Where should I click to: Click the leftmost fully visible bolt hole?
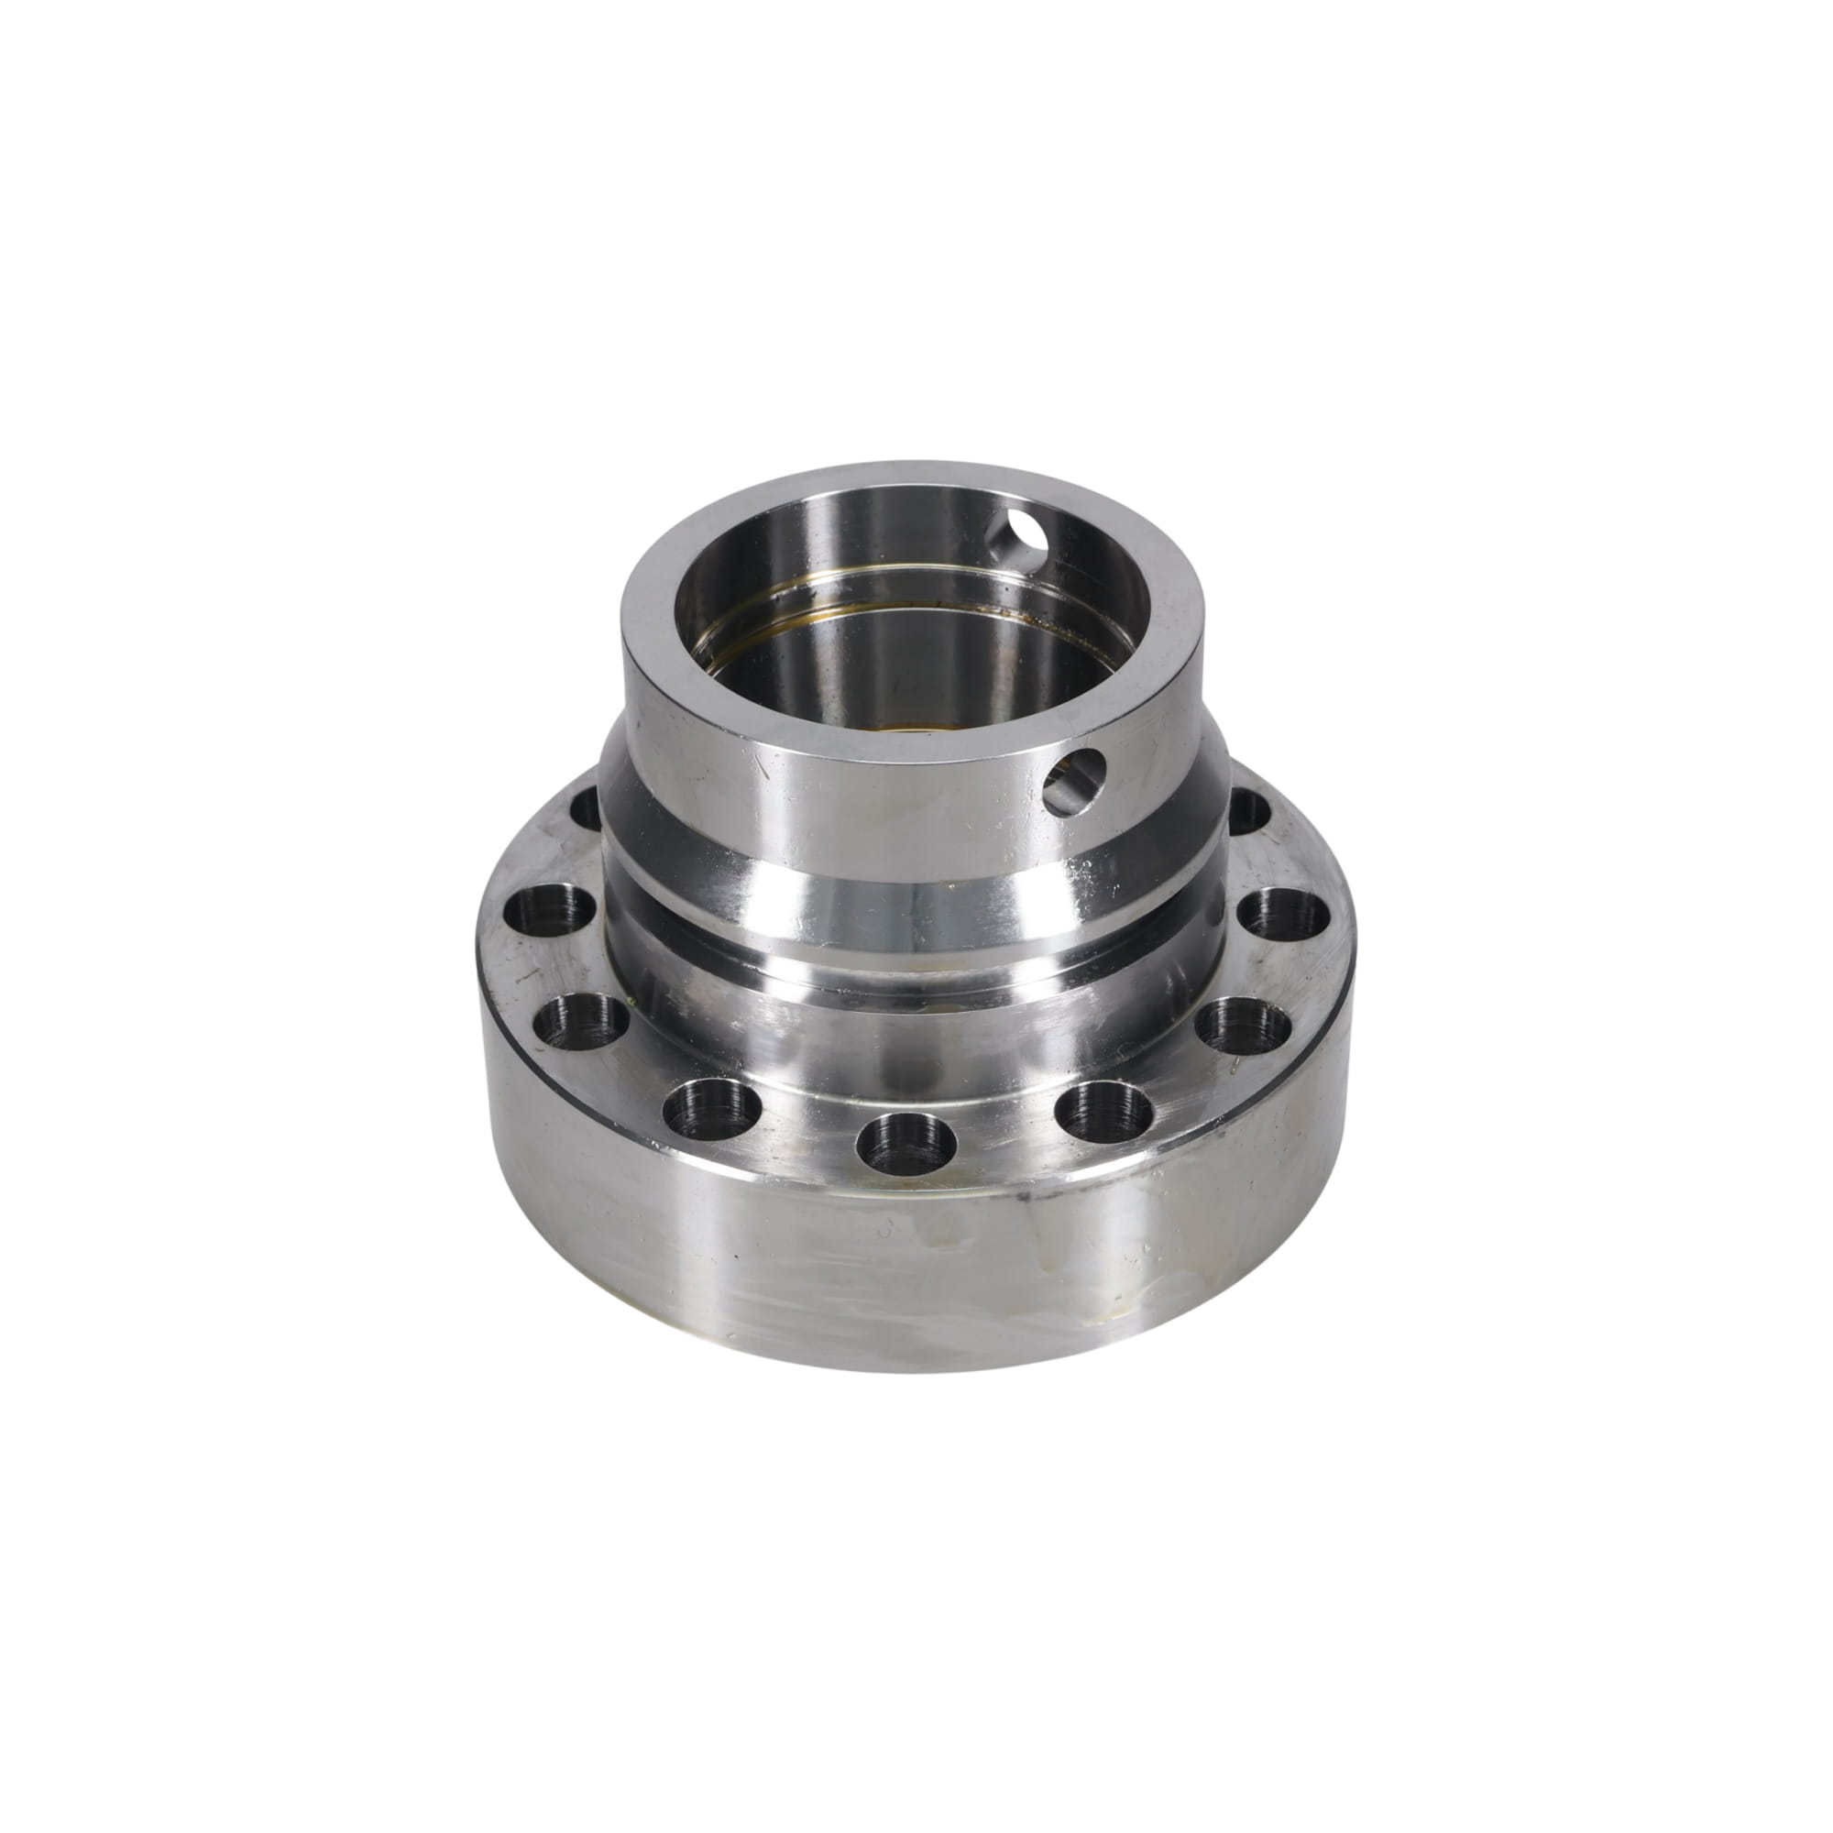[x=549, y=914]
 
